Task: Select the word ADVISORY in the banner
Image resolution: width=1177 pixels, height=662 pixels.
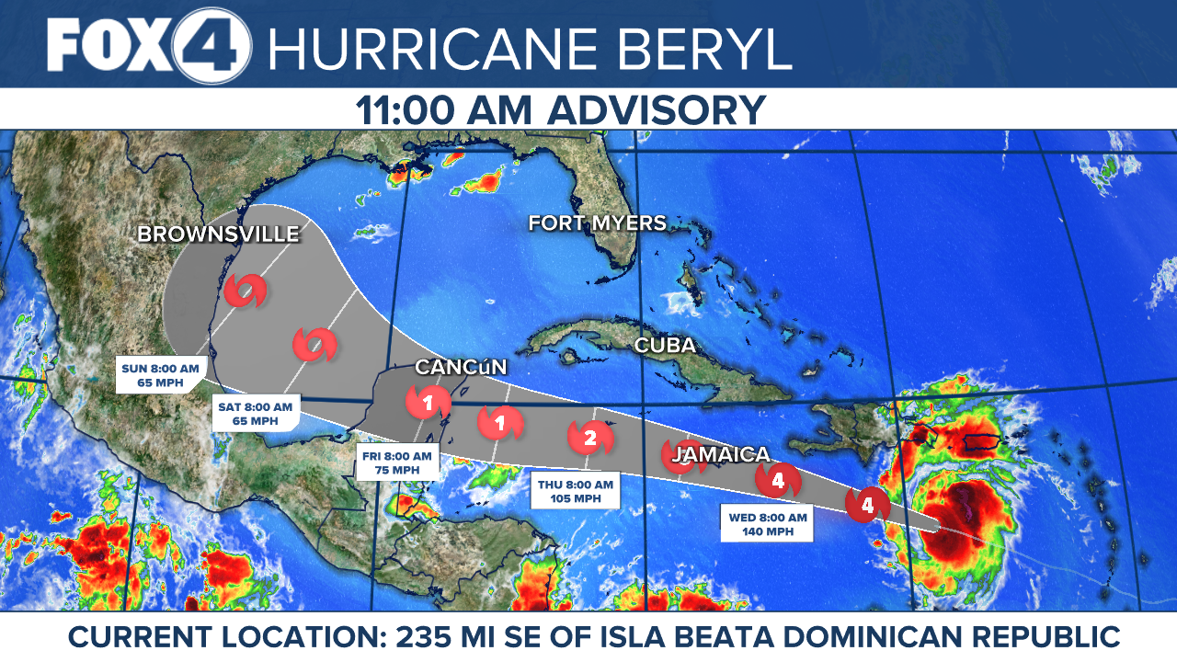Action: point(657,110)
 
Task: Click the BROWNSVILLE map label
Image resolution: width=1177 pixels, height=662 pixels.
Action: point(218,234)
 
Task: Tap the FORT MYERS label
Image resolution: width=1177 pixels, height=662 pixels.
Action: point(597,223)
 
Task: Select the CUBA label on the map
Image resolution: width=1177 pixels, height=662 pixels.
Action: point(665,347)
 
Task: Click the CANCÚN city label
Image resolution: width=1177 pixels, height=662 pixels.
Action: point(461,367)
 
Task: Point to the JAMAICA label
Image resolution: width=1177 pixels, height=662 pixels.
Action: point(720,454)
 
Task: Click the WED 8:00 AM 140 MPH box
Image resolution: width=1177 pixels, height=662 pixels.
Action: point(767,524)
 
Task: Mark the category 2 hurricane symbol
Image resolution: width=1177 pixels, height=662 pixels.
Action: point(589,438)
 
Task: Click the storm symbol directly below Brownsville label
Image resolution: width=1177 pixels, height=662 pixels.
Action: point(246,291)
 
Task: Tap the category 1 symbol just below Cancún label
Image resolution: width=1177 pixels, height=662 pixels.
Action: point(428,402)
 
